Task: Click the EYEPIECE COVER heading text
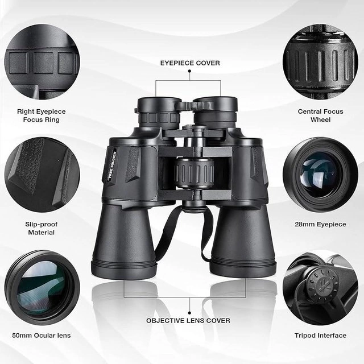pyautogui.click(x=190, y=63)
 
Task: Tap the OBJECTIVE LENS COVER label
pyautogui.click(x=188, y=321)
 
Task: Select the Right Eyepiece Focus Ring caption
pyautogui.click(x=42, y=115)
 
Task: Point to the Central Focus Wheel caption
pyautogui.click(x=320, y=115)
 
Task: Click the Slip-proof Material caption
pyautogui.click(x=42, y=229)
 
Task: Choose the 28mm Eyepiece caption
pyautogui.click(x=320, y=224)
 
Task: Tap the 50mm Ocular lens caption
pyautogui.click(x=42, y=335)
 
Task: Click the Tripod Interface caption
pyautogui.click(x=320, y=335)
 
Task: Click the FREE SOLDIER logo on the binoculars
pyautogui.click(x=113, y=164)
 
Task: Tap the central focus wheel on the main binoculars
pyautogui.click(x=194, y=173)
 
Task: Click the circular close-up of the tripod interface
pyautogui.click(x=320, y=287)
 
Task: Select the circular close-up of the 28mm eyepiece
pyautogui.click(x=320, y=175)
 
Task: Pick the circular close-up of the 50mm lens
pyautogui.click(x=42, y=287)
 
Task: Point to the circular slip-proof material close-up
pyautogui.click(x=42, y=175)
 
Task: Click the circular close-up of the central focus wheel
pyautogui.click(x=320, y=62)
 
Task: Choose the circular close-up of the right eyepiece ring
pyautogui.click(x=42, y=62)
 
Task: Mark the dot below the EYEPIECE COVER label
pyautogui.click(x=189, y=72)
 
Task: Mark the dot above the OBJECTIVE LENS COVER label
pyautogui.click(x=189, y=313)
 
